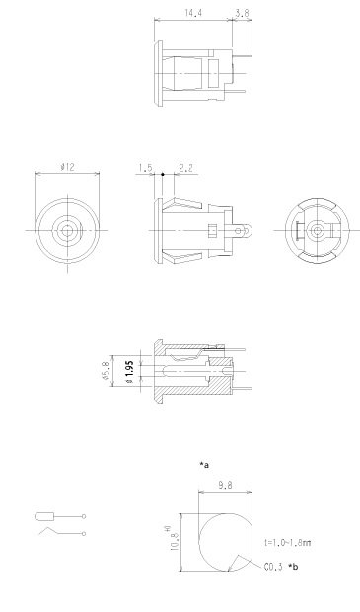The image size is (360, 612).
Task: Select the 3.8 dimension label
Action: coord(242,14)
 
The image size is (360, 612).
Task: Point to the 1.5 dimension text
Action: coord(146,169)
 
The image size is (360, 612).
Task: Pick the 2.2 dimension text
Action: coord(185,169)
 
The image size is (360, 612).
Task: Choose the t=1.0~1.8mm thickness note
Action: coord(288,543)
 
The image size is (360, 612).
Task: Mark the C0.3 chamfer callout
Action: coord(273,567)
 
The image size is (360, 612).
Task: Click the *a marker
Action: coord(204,462)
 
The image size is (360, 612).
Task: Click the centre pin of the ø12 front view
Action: coord(65,229)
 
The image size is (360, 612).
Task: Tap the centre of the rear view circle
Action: coord(316,229)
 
